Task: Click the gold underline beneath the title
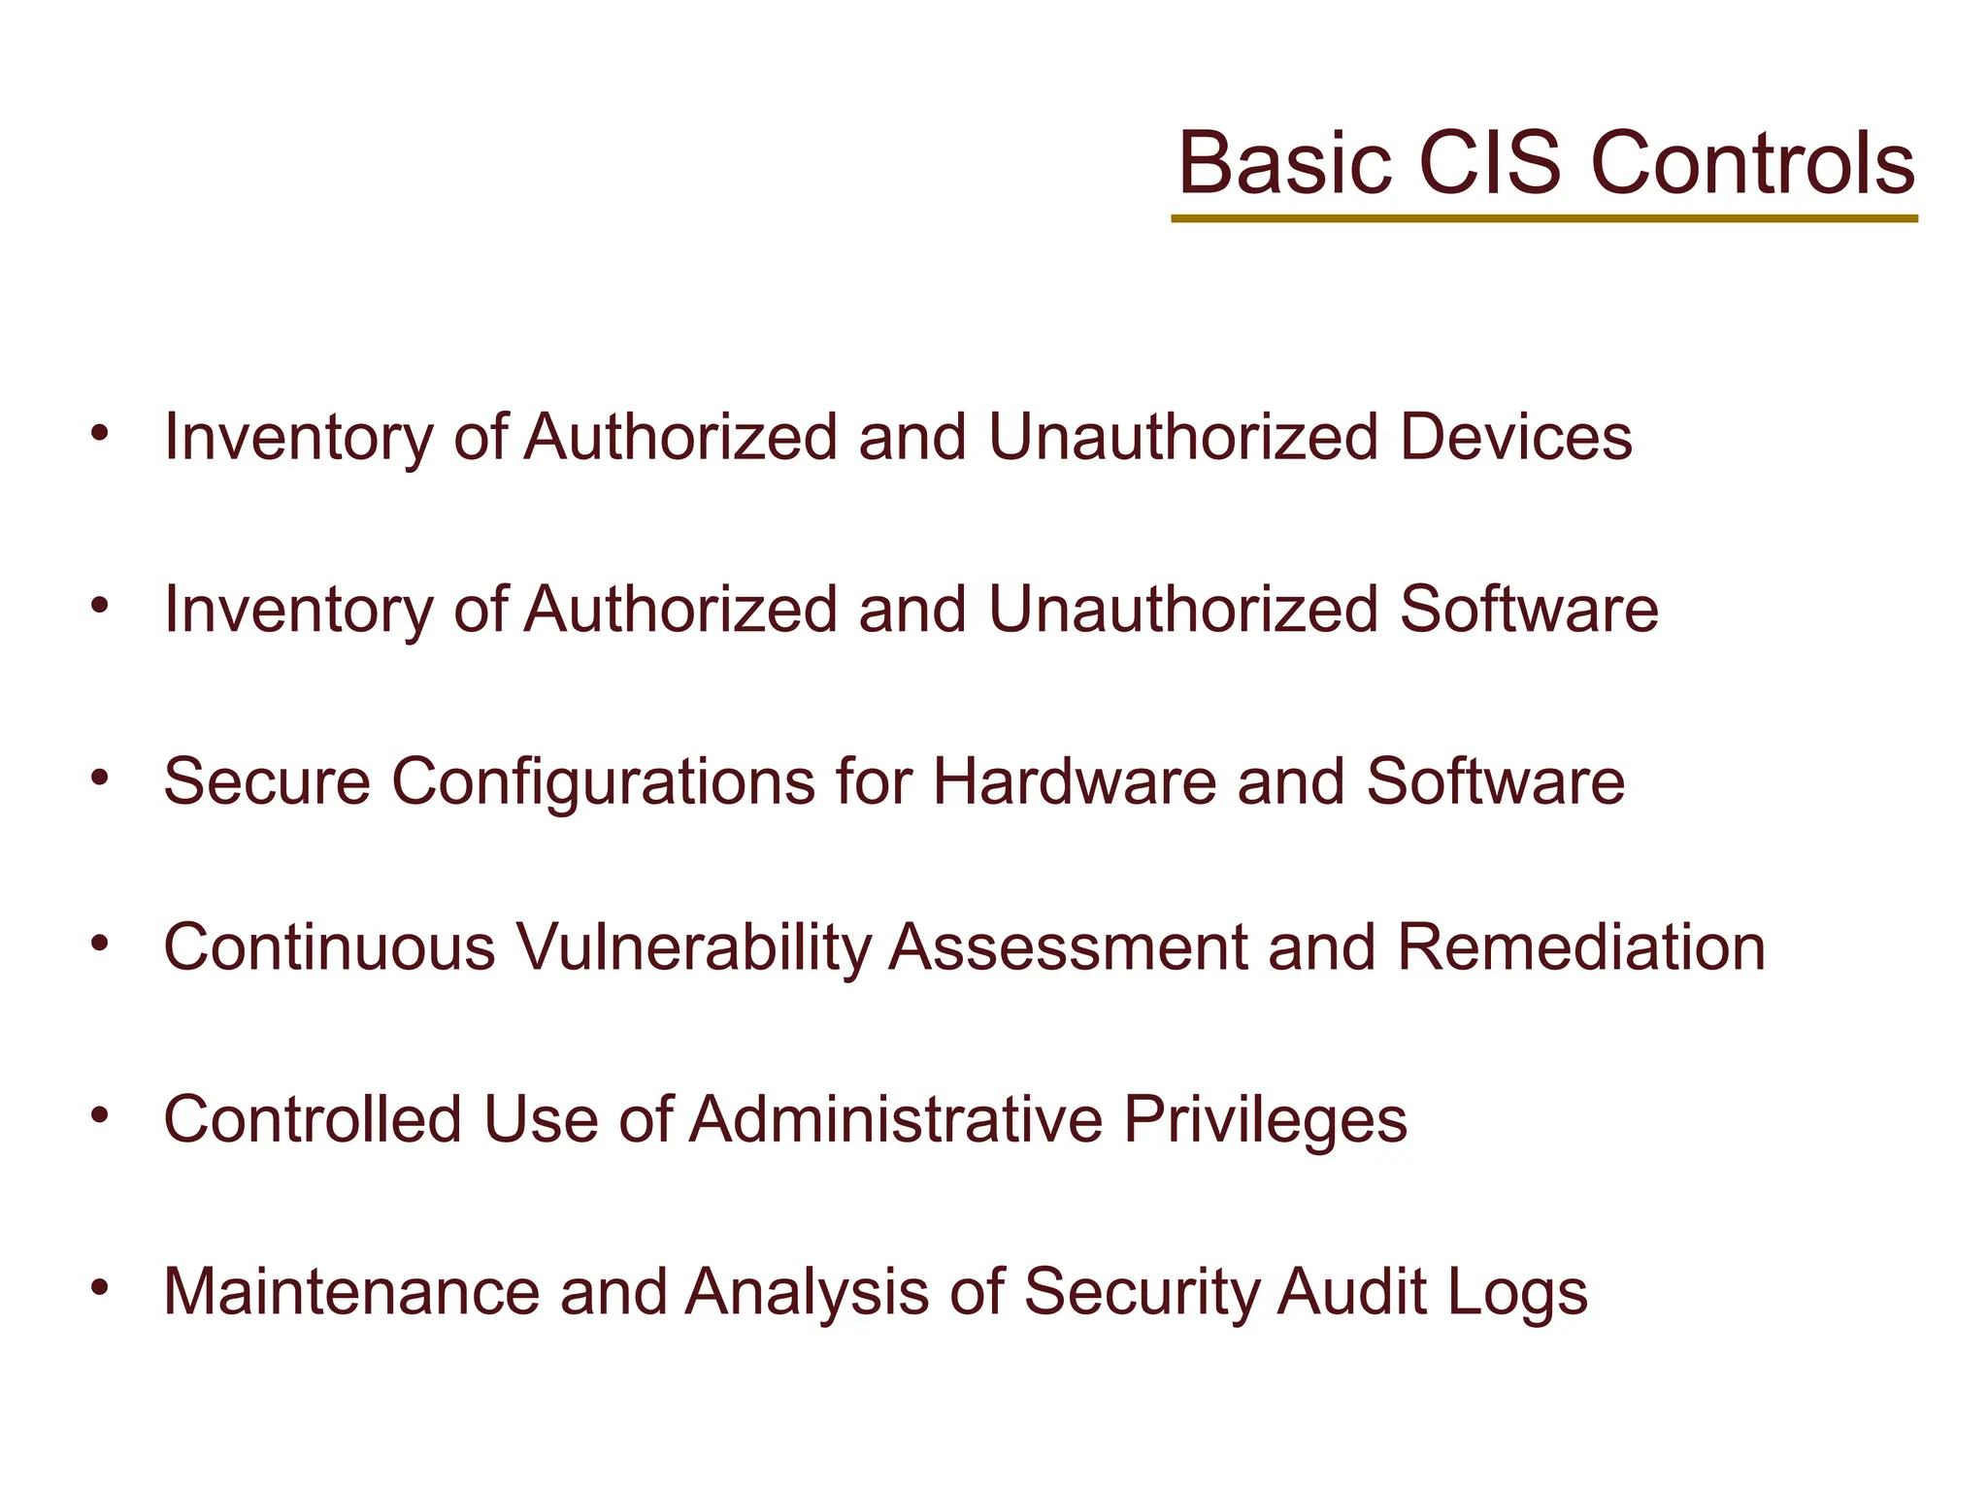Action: [1543, 219]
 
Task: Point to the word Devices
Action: [1515, 438]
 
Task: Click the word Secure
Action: [267, 781]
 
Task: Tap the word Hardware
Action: [1074, 781]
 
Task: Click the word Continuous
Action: [330, 947]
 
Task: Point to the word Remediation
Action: [1580, 947]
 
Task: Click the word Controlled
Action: [313, 1119]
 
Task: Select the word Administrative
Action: [896, 1119]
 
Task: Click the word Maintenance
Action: [351, 1292]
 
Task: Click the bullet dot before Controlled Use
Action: [99, 1115]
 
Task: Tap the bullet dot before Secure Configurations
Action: [99, 778]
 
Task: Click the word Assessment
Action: [1068, 947]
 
